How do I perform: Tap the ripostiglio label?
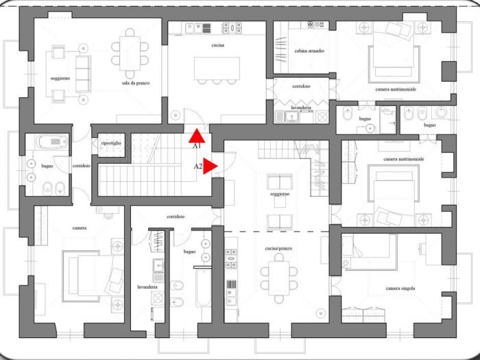coord(111,143)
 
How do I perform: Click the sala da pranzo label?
coord(136,83)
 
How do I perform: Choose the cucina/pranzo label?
coord(278,248)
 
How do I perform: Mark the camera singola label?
coord(400,289)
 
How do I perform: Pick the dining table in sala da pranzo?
coord(132,49)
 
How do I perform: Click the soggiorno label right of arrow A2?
coord(280,194)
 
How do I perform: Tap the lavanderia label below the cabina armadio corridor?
coord(301,108)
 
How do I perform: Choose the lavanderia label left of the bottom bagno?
coord(147,287)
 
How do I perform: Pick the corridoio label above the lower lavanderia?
coord(175,217)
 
